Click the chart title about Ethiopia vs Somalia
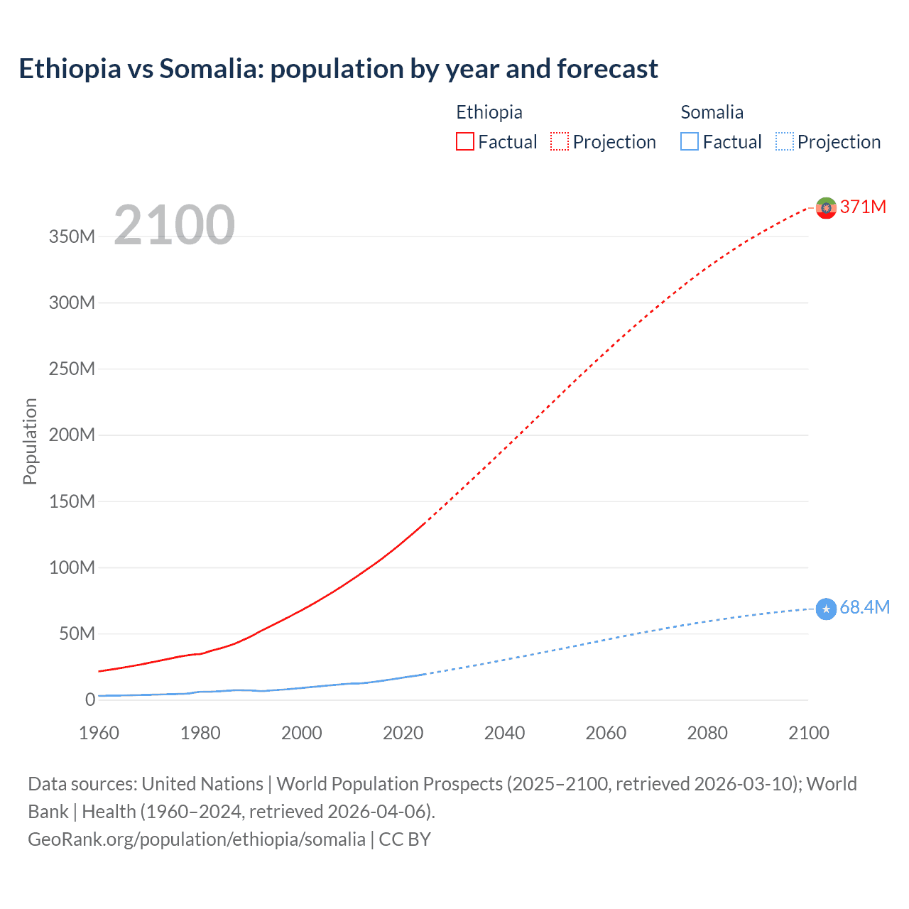coord(338,69)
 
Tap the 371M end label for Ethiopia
coord(863,207)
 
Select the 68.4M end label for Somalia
coord(864,607)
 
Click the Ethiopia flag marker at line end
coord(826,207)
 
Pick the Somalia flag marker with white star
coord(826,609)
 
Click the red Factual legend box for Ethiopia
coord(465,142)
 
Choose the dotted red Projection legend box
coord(560,142)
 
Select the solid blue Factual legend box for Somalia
coord(690,142)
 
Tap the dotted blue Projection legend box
coord(785,142)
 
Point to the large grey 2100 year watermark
coord(174,225)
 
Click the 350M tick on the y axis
coord(72,236)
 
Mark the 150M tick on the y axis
coord(72,501)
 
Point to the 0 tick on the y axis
coord(90,700)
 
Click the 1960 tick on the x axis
coord(99,733)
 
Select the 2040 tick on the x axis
coord(504,733)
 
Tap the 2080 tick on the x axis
coord(707,733)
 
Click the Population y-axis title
coord(30,441)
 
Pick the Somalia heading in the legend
coord(712,112)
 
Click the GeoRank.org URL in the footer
coord(197,839)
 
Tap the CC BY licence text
coord(405,839)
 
